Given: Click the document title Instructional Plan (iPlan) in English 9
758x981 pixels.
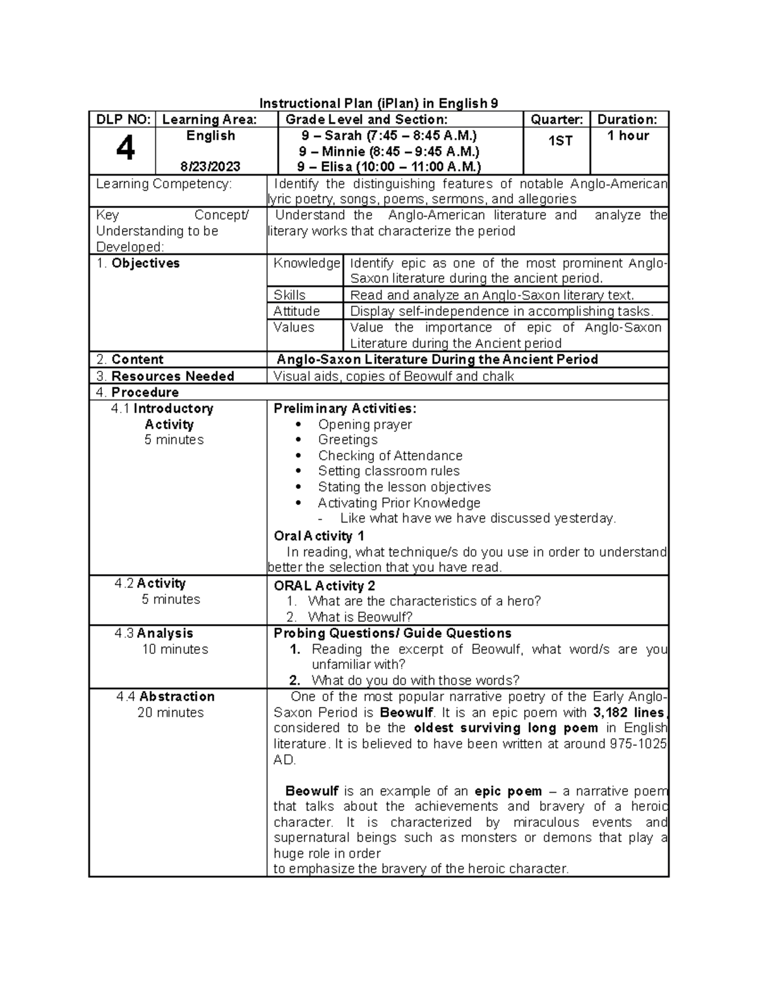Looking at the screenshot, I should click(378, 104).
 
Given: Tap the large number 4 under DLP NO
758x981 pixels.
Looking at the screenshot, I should click(125, 150).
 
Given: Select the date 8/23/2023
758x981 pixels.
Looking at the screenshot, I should click(210, 167).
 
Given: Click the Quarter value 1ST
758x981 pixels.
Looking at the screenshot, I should click(560, 141).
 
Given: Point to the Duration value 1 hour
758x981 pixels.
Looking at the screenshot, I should click(628, 136).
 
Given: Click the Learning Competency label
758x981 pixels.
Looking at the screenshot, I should click(164, 184).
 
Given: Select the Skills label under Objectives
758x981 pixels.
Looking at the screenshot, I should click(289, 295).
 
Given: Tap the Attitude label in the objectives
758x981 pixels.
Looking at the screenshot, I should click(296, 311).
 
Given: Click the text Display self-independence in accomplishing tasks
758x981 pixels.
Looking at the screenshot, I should click(502, 311).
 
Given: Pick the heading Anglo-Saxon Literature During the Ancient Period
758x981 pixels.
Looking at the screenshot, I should click(437, 359).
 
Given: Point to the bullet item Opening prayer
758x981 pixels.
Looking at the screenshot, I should click(364, 424).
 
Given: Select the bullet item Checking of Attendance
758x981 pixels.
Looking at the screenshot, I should click(390, 455).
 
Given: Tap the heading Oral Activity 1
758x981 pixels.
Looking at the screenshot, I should click(319, 536).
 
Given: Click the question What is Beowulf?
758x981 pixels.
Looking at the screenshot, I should click(360, 617).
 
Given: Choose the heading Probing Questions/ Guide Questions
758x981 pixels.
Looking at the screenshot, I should click(392, 633).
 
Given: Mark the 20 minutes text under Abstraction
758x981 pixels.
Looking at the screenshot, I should click(171, 713).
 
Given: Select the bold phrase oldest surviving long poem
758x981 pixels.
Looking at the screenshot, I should click(507, 728).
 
